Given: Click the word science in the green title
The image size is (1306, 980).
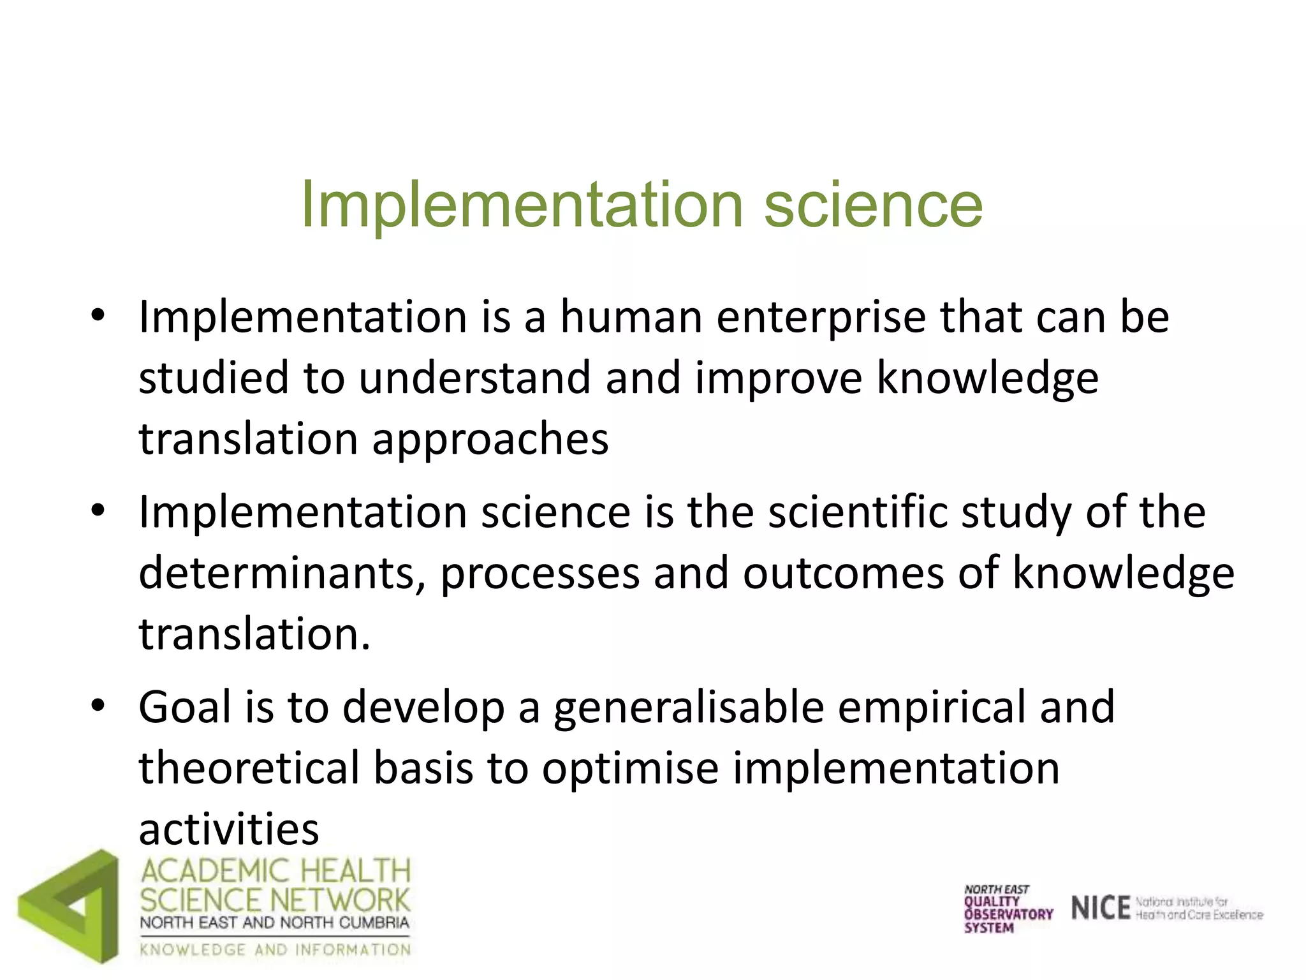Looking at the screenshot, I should (873, 204).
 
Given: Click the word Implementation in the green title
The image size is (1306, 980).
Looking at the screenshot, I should (522, 205).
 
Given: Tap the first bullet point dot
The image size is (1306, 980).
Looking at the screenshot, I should (97, 315).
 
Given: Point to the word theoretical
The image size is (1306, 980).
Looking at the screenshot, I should (249, 768).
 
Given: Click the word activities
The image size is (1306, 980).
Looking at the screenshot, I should (228, 829).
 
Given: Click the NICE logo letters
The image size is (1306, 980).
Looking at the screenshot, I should (1100, 908).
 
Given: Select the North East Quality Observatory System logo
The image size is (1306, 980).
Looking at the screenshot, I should (1008, 909).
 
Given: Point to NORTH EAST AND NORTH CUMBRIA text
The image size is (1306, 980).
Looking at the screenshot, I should (274, 923).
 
